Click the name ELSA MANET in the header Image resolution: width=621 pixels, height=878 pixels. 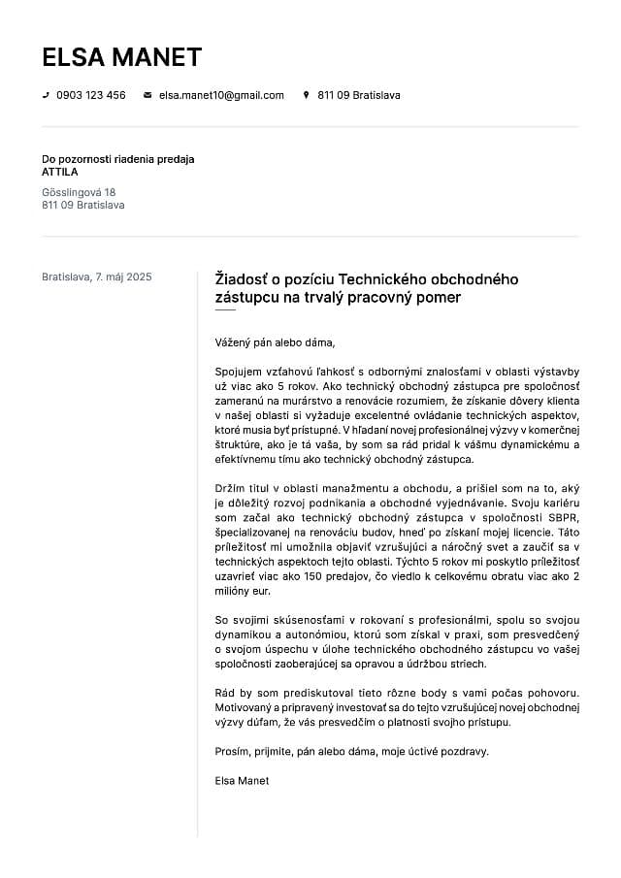pos(121,57)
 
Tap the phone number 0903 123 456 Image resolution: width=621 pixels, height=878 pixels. pos(91,95)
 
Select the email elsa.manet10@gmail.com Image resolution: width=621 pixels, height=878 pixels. pos(221,95)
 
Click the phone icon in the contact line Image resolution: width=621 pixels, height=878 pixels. pos(46,95)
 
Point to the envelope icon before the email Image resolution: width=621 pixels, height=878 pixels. pos(147,95)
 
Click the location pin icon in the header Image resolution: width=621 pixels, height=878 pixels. pos(307,95)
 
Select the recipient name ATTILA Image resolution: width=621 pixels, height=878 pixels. pos(60,172)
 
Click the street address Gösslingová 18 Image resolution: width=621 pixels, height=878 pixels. pos(79,192)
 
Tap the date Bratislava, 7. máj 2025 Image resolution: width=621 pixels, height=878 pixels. pos(97,276)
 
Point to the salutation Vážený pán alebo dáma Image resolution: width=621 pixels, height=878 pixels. pos(275,341)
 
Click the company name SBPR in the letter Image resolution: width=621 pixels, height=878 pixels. pos(563,518)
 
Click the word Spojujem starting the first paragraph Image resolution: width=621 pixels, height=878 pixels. pos(241,371)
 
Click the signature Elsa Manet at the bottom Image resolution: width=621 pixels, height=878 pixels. pos(242,780)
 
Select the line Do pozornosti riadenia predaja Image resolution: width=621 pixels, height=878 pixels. pos(118,159)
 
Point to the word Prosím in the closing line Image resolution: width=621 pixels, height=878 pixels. pos(232,751)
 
